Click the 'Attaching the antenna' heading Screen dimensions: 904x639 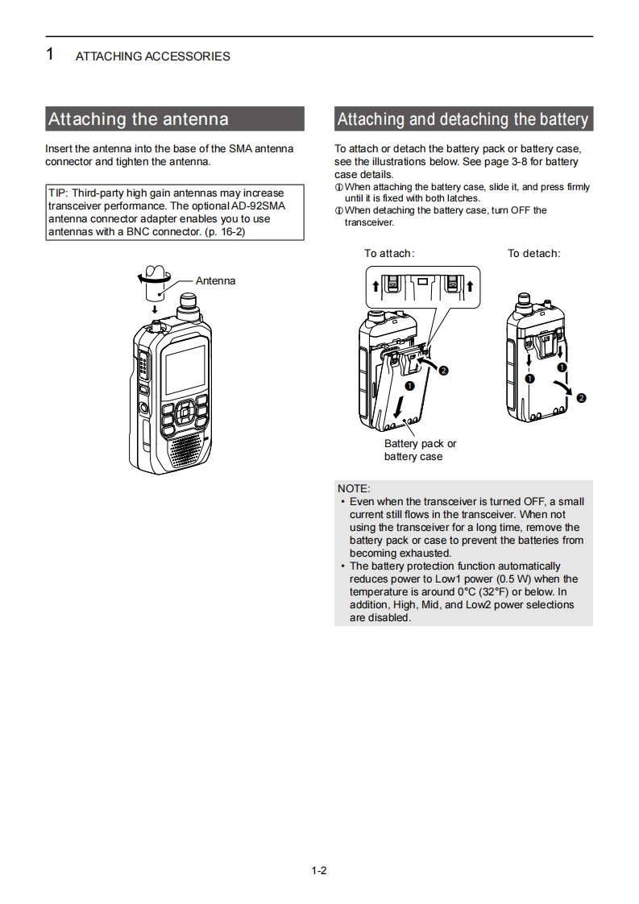coord(139,119)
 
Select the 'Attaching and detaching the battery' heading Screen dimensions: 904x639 coord(463,119)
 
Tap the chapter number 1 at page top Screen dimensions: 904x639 coord(50,55)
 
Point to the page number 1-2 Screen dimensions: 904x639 coord(319,870)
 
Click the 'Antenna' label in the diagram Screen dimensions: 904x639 coord(215,281)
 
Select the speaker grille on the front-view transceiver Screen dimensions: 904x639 coord(185,446)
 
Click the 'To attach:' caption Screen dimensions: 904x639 coord(389,254)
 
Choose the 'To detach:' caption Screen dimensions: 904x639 coord(533,254)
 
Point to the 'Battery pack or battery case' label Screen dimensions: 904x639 coord(420,450)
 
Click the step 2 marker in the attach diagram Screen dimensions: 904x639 coord(442,370)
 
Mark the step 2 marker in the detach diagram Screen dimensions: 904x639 coord(582,398)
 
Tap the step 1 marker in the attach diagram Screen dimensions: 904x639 coord(409,386)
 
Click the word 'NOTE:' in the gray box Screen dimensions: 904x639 coord(354,488)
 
